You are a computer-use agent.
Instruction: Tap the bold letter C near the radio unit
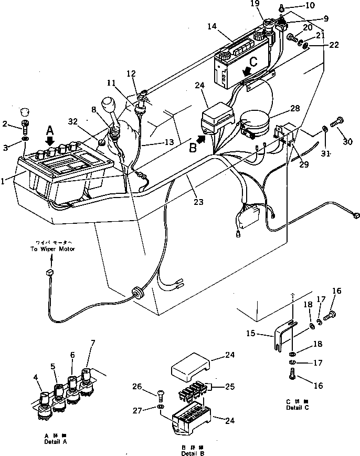(253, 62)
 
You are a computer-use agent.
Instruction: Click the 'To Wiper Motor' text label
(49, 246)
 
